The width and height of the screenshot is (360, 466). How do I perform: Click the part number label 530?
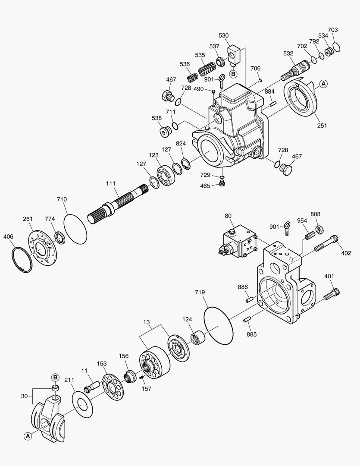[x=224, y=35]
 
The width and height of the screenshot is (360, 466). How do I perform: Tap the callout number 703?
[x=332, y=30]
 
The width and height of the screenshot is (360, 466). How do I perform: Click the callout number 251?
[x=322, y=126]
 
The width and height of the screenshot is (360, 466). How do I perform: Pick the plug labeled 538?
[x=164, y=131]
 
